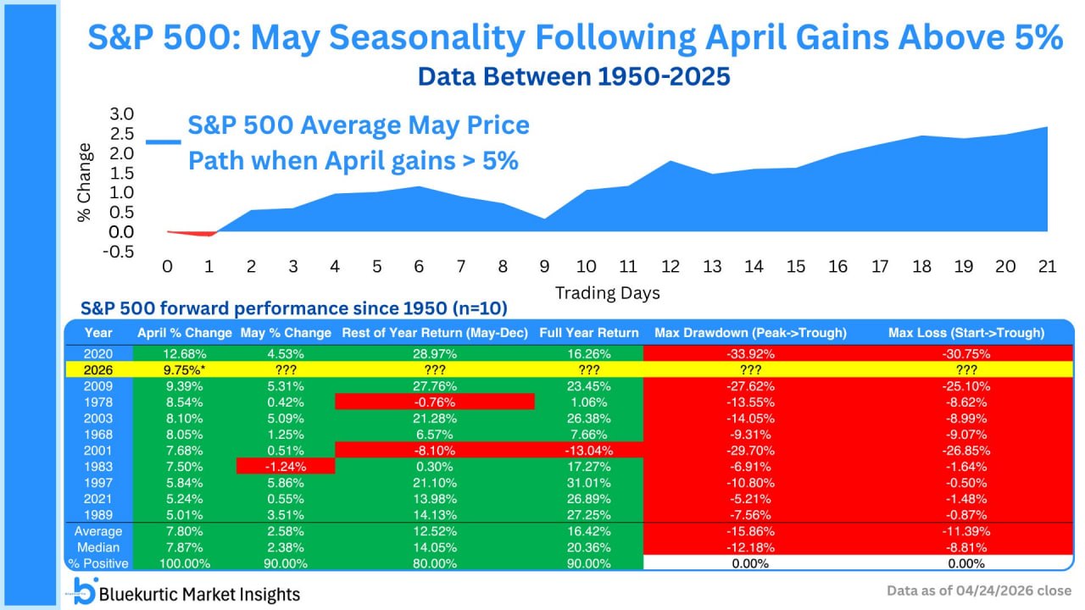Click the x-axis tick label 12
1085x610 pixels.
point(670,266)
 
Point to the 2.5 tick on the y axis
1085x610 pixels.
point(122,134)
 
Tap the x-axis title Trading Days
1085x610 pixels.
point(607,293)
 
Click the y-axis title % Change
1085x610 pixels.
point(85,182)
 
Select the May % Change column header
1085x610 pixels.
point(286,333)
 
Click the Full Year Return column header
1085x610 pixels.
point(589,333)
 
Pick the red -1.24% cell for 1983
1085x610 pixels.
point(286,466)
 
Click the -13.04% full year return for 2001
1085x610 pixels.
point(589,449)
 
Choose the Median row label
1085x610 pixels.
point(99,547)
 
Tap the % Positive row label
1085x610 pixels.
point(99,563)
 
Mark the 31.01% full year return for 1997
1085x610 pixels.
point(589,482)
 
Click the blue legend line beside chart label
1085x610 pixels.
point(163,142)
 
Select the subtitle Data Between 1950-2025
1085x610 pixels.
point(574,76)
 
